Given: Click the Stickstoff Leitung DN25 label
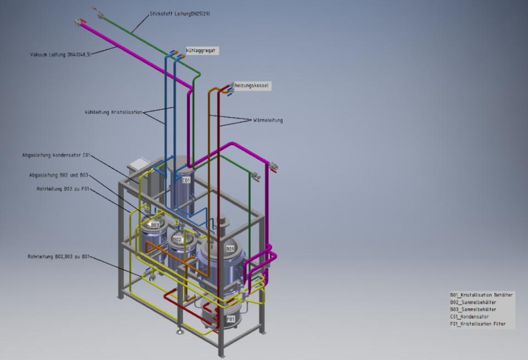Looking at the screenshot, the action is coord(180,14).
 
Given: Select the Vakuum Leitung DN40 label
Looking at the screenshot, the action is coord(61,54).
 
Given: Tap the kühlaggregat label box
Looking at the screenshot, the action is coord(201,51).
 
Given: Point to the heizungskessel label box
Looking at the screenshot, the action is coord(251,86).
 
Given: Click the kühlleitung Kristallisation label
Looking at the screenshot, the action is coord(113,112).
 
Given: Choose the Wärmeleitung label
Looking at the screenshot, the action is coord(268,120).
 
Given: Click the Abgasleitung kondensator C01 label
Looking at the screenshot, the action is coord(56,156).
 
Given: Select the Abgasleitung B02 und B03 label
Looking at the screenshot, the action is coord(59,175).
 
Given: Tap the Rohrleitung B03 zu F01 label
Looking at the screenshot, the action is coord(63,189).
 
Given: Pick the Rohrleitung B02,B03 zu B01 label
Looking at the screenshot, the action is coord(59,257).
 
